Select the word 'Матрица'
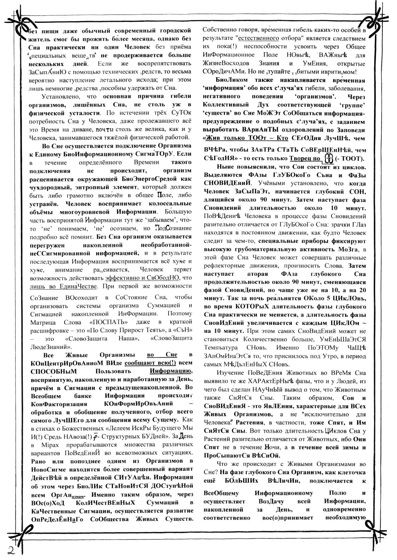pos(42,322)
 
